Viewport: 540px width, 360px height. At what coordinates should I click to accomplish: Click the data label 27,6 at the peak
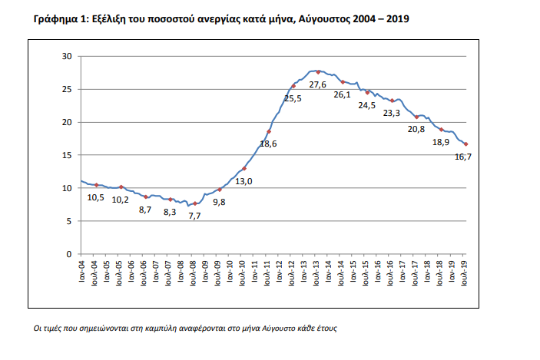tap(318, 84)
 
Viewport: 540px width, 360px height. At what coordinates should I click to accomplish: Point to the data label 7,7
tap(194, 216)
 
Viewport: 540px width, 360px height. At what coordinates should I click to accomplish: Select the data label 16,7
tap(462, 157)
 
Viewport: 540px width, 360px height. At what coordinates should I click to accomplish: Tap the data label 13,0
tap(245, 181)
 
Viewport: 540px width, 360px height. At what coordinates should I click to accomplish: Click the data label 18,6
tap(268, 144)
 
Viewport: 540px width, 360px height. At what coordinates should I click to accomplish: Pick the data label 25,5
tap(293, 98)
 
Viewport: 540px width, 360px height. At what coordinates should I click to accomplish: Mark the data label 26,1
tap(343, 94)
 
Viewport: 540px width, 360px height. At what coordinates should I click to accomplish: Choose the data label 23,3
tap(392, 113)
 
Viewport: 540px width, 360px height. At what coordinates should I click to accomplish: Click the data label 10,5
tap(95, 197)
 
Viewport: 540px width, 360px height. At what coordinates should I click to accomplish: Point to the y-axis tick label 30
tap(66, 57)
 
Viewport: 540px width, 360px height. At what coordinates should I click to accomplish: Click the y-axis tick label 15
tap(66, 155)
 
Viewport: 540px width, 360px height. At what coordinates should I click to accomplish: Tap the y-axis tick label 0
tap(68, 254)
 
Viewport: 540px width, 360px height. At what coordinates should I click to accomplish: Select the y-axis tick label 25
tap(66, 90)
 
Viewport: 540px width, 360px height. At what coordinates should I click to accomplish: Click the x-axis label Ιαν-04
tap(82, 272)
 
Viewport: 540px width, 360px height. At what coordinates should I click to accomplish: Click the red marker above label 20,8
tap(416, 117)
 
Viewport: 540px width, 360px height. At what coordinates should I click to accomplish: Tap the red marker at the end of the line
tap(465, 144)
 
